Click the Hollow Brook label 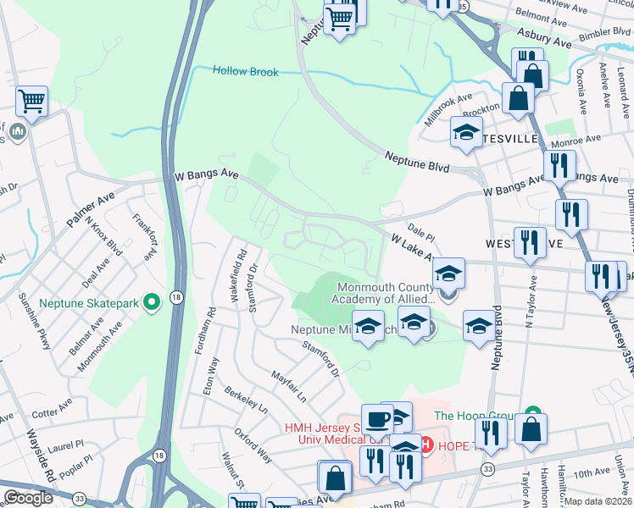[245, 72]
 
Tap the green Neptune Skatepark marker [153, 301]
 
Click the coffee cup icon [379, 419]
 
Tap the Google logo [28, 498]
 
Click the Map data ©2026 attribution [598, 501]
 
